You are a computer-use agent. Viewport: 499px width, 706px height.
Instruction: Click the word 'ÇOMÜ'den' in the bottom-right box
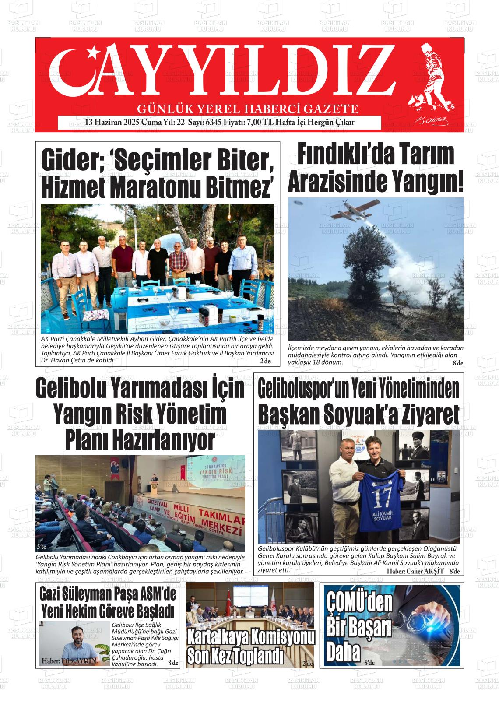[359, 603]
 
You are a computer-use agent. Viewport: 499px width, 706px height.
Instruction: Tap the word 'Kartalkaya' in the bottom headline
[224, 637]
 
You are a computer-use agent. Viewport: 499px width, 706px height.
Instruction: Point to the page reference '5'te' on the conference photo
[42, 547]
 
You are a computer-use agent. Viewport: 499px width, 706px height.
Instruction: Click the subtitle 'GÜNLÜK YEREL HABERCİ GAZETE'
[248, 109]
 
